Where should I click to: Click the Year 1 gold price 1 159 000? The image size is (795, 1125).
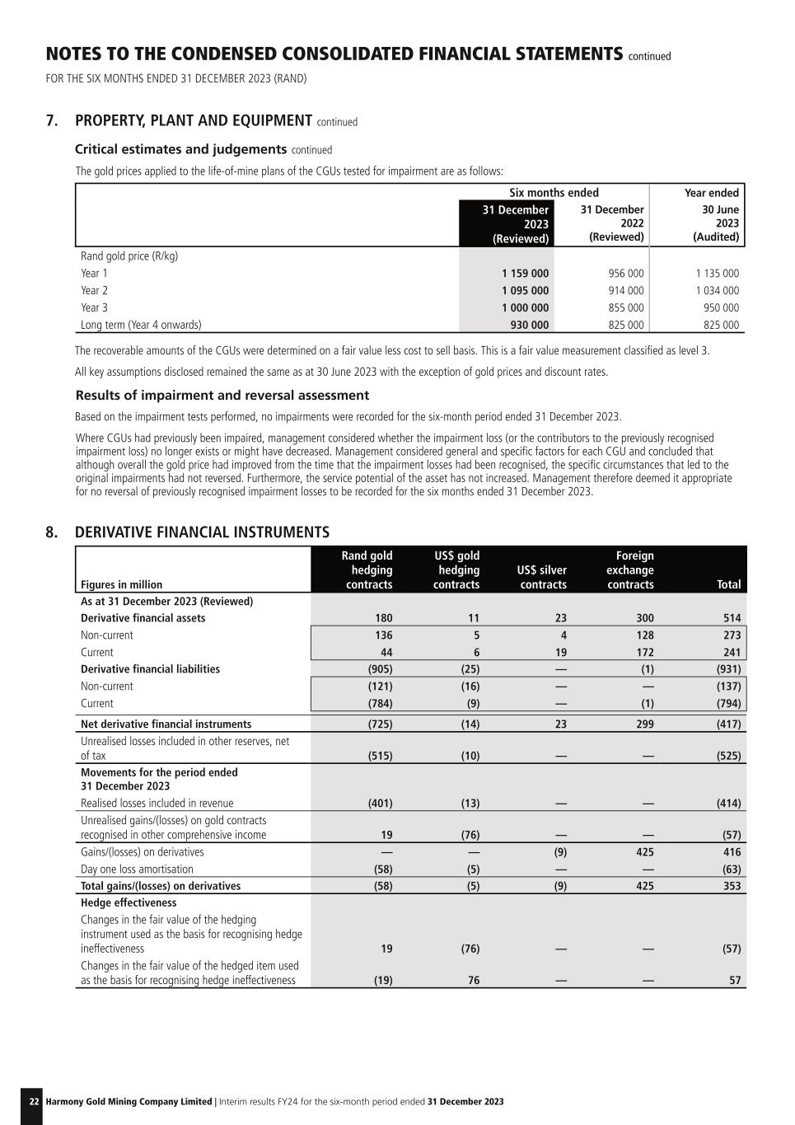tap(525, 273)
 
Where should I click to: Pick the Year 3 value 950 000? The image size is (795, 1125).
tap(721, 307)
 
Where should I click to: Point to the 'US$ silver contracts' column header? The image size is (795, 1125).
tap(542, 577)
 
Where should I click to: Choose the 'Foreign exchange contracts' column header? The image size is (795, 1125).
tap(630, 570)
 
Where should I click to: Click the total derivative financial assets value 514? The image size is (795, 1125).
tap(732, 618)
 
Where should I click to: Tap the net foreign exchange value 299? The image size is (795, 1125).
tap(645, 724)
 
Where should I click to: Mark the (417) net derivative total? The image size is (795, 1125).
tap(728, 724)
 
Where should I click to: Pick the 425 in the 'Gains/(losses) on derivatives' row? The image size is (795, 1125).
tap(645, 851)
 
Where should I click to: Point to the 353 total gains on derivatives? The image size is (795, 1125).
tap(732, 886)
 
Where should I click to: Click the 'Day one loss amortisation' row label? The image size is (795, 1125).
tap(137, 869)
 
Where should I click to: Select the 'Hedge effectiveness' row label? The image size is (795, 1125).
tap(129, 902)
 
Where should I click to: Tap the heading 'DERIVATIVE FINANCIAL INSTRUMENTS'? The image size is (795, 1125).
tap(202, 532)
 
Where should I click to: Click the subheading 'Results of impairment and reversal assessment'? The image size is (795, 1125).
tap(222, 395)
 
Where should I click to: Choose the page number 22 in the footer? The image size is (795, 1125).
tap(34, 1101)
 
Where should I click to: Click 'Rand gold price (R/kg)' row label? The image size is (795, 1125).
tap(129, 255)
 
